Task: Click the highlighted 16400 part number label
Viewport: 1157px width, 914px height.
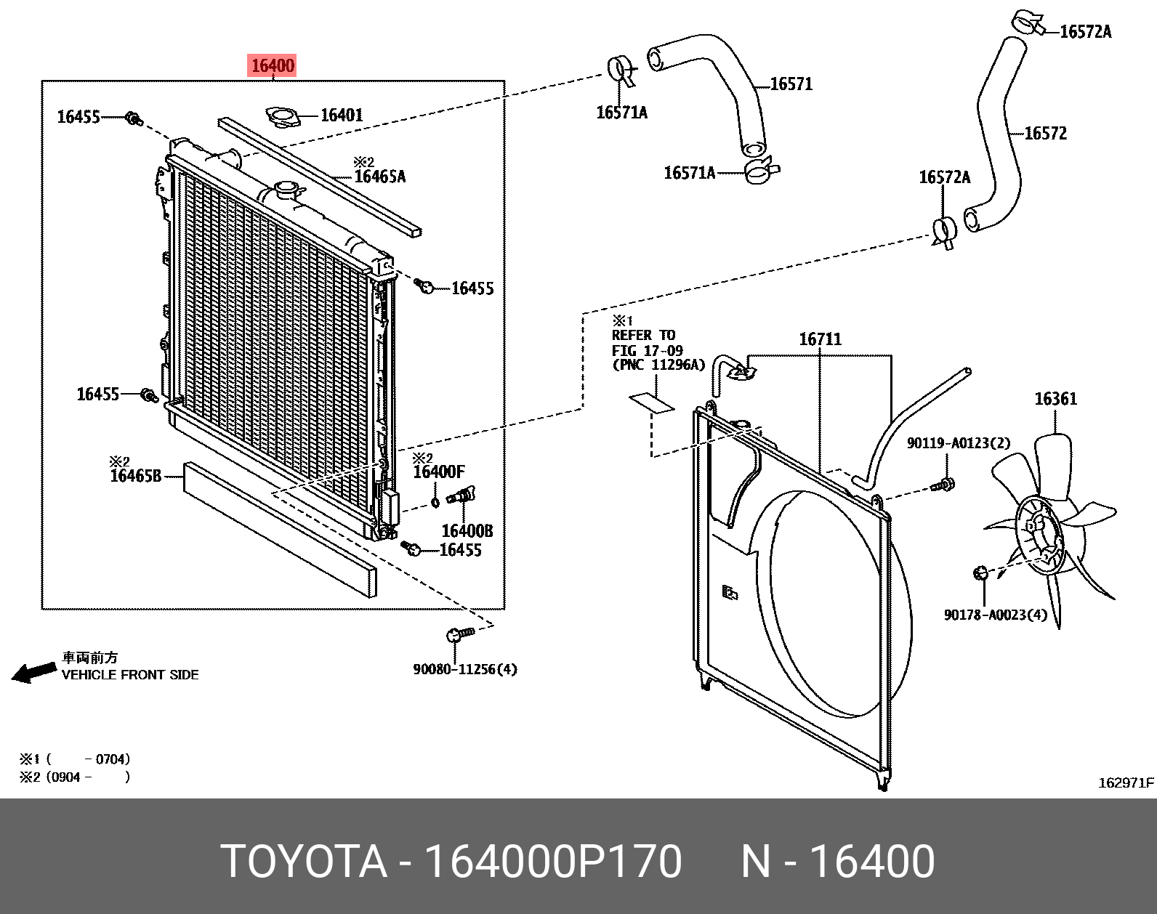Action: [273, 66]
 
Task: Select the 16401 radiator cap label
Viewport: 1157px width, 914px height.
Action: [342, 115]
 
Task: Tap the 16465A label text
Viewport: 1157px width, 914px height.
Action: [379, 177]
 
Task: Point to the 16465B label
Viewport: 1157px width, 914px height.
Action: [135, 477]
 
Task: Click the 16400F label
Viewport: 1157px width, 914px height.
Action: [438, 472]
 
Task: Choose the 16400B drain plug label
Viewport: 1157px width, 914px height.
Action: [467, 531]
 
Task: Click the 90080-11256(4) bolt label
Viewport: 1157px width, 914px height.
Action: [465, 669]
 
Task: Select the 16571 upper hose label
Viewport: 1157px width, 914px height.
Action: [791, 84]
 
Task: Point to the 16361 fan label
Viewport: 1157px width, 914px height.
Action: [1055, 399]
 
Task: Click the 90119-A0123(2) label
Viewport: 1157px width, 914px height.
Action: [958, 443]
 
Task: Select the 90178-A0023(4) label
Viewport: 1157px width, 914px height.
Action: [996, 615]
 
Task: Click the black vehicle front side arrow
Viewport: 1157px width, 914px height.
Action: [33, 673]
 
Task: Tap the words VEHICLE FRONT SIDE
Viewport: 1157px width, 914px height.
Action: [130, 675]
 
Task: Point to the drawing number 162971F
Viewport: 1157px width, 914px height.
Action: [1125, 783]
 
